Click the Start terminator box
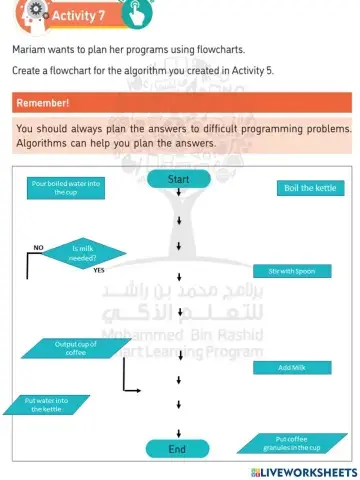[x=178, y=180]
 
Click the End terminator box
[x=178, y=449]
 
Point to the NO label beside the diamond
[x=38, y=245]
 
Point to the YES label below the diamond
[x=99, y=270]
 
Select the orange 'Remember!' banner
[x=180, y=103]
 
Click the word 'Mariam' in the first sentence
[x=30, y=49]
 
